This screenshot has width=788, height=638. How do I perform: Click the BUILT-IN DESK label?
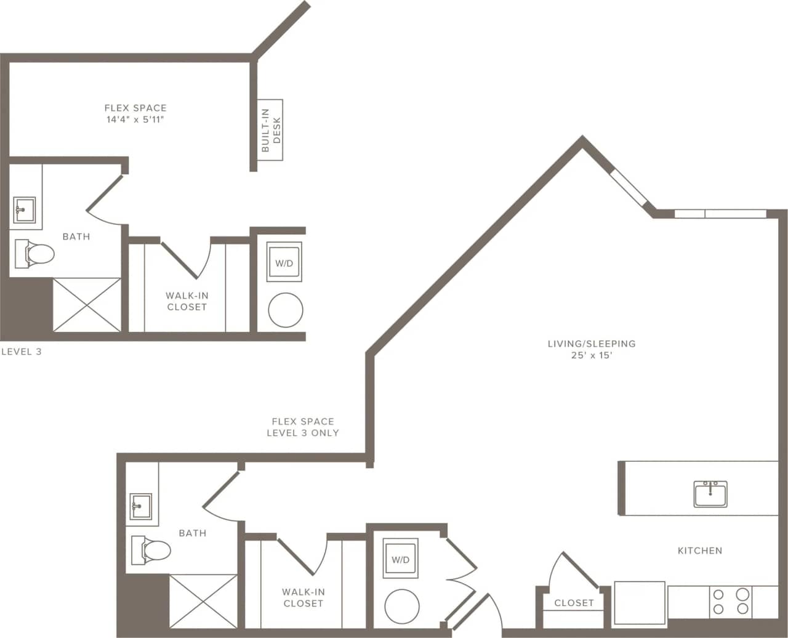[x=270, y=130]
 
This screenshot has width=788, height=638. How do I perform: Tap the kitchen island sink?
[x=710, y=494]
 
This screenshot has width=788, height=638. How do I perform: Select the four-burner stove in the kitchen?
[x=730, y=602]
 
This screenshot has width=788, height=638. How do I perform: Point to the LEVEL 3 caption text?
[x=22, y=352]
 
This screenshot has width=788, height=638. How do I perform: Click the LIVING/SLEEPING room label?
[x=591, y=344]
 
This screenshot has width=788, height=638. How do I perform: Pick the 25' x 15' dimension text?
[x=591, y=355]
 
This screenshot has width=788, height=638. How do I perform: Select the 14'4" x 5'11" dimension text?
[x=135, y=119]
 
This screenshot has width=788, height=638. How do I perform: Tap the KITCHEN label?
[x=700, y=551]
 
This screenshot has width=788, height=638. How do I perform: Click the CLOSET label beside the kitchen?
[x=574, y=603]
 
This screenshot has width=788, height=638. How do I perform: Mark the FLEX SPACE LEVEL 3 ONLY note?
[x=302, y=427]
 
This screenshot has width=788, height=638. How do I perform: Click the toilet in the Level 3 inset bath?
[x=35, y=253]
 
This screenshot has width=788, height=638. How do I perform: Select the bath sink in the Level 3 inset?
[x=25, y=210]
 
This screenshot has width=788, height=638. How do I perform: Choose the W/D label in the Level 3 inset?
[x=284, y=262]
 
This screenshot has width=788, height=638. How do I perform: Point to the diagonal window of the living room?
[x=629, y=188]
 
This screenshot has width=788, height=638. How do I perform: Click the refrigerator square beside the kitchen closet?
[x=640, y=603]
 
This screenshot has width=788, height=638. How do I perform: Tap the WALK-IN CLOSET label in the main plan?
[x=303, y=597]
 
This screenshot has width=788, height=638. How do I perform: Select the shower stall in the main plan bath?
[x=203, y=601]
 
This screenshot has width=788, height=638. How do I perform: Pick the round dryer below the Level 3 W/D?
[x=286, y=310]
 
